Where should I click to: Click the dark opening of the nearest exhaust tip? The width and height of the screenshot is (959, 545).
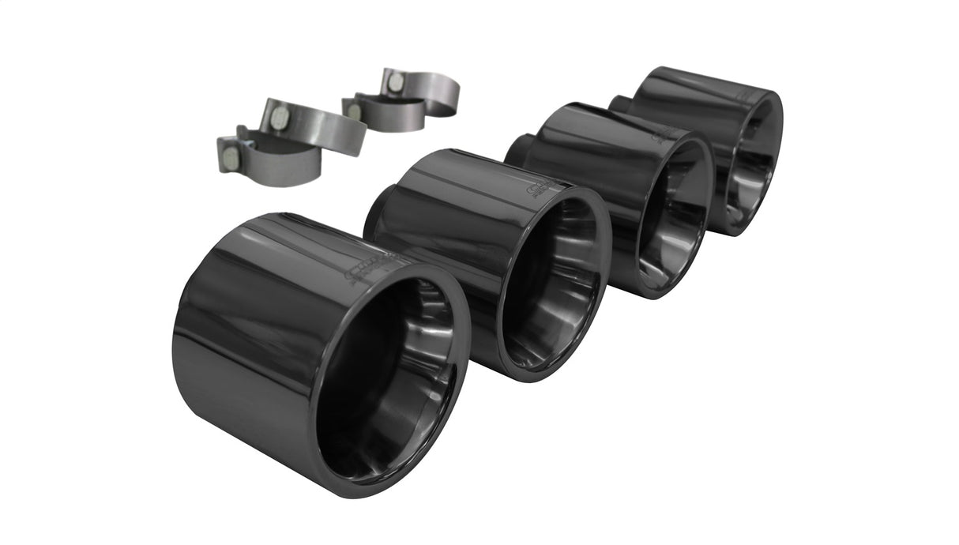coord(387,379)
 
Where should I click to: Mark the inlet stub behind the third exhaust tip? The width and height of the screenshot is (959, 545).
coord(517,149)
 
